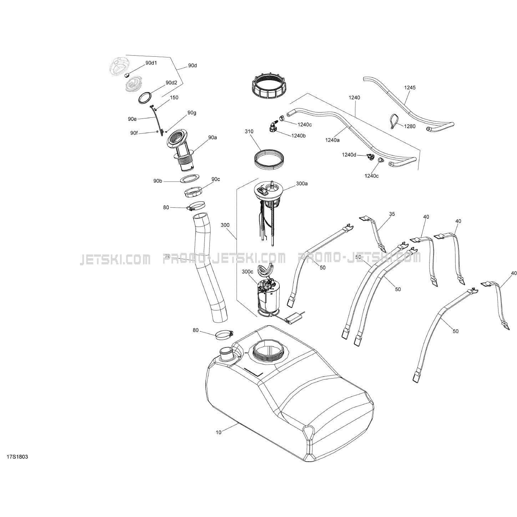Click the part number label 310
(x=249, y=131)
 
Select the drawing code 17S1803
(x=17, y=457)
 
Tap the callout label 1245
(x=410, y=87)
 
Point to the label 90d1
(x=151, y=63)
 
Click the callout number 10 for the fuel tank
(x=219, y=432)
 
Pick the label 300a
(x=301, y=183)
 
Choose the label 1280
(x=410, y=126)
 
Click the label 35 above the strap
(x=392, y=214)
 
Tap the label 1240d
(x=349, y=154)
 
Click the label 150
(x=174, y=97)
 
